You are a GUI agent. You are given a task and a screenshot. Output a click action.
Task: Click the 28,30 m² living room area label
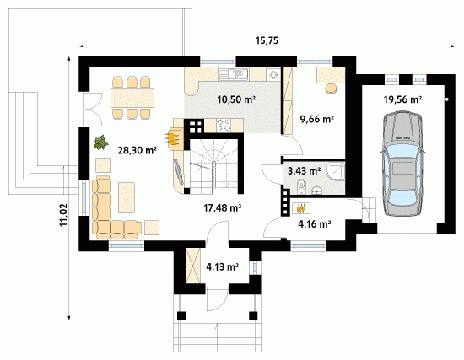[137, 150]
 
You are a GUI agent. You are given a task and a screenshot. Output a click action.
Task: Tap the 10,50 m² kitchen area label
[236, 99]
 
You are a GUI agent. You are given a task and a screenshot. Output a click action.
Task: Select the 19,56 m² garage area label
[402, 99]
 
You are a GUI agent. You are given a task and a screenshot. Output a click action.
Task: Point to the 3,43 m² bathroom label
[305, 170]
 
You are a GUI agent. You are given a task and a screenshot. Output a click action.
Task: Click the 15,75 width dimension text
[267, 40]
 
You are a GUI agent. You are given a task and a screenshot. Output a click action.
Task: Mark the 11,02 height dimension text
[63, 215]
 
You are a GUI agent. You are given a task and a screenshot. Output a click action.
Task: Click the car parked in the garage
[402, 164]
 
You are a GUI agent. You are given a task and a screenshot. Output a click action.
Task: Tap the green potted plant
[101, 142]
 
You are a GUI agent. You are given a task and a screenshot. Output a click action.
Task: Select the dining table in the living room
[132, 98]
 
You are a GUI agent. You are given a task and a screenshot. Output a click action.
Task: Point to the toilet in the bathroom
[301, 186]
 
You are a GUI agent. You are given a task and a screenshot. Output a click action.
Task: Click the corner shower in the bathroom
[336, 170]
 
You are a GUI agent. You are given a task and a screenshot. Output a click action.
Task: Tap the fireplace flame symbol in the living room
[172, 139]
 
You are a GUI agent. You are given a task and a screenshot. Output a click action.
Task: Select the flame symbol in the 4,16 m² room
[301, 208]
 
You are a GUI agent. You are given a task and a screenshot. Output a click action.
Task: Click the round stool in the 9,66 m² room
[332, 89]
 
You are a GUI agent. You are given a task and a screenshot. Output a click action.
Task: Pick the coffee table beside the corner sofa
[127, 197]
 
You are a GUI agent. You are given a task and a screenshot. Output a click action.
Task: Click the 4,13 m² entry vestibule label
[223, 267]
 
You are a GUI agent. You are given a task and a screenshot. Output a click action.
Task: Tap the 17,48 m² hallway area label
[222, 208]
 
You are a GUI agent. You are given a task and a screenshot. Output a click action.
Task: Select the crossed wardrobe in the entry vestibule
[193, 266]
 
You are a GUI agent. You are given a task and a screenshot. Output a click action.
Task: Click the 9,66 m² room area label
[317, 119]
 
